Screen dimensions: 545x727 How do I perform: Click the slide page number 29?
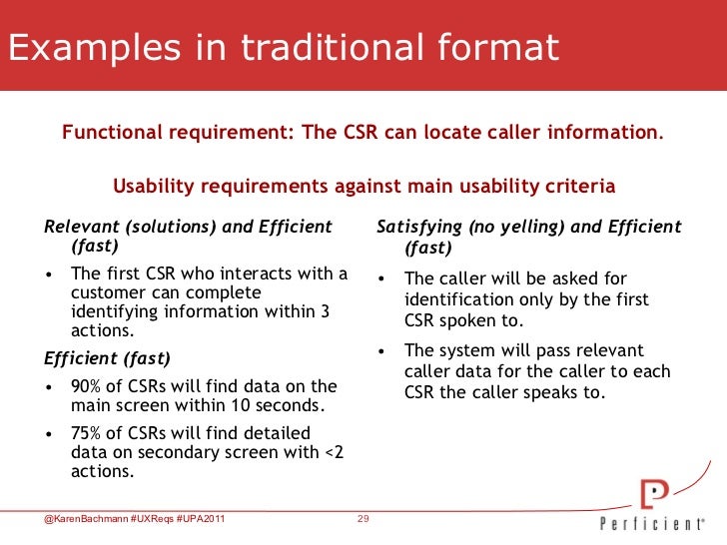coord(363,518)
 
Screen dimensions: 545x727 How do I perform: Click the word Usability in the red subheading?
coord(152,187)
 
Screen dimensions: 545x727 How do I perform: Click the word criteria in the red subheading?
coord(580,187)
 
